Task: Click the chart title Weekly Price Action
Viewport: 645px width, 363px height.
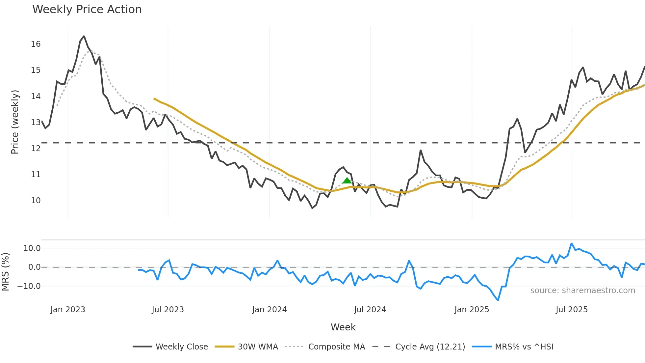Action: coord(87,10)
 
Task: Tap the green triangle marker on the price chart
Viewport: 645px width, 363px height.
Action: coord(347,181)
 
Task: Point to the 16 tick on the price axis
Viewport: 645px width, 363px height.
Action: coord(36,44)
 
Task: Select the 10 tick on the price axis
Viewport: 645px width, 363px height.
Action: coord(36,201)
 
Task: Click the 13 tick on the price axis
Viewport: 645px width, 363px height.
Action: coord(36,123)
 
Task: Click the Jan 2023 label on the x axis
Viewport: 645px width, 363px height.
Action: coord(68,310)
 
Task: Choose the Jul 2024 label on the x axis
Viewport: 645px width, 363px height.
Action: coord(370,310)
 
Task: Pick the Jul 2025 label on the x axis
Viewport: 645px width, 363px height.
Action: coord(572,310)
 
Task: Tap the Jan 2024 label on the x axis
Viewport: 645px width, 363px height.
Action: coord(270,310)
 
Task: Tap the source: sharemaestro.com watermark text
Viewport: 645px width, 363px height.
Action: coord(582,291)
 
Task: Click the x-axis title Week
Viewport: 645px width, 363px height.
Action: coord(343,327)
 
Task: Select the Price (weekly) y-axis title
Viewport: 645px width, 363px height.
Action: coord(15,122)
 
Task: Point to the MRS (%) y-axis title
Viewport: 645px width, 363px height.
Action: coord(5,272)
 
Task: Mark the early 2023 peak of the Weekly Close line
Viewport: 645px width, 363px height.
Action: coord(84,36)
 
